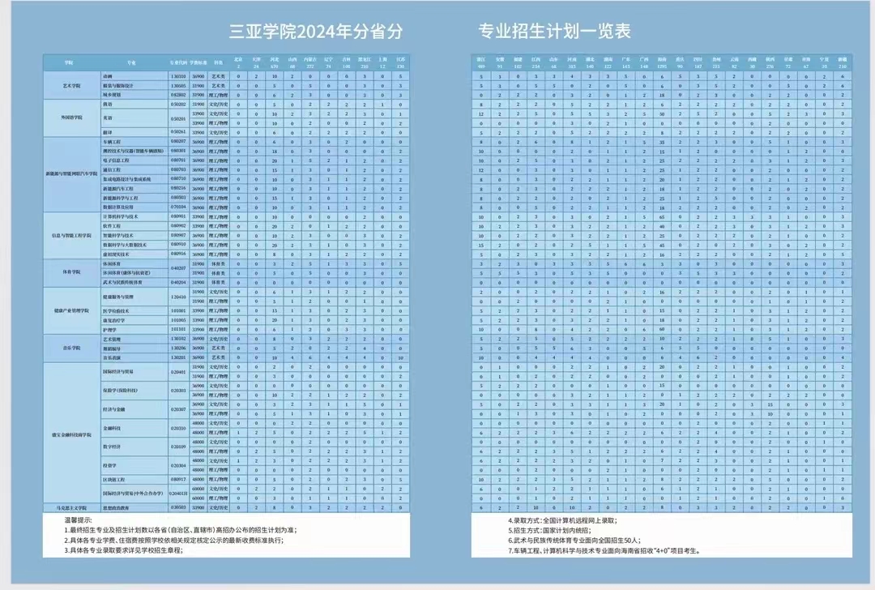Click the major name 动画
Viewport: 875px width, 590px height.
108,76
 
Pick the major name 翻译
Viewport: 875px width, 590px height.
108,131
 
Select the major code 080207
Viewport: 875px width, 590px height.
178,141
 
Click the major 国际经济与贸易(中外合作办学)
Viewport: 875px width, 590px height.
130,493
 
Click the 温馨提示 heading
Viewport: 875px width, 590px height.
79,519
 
